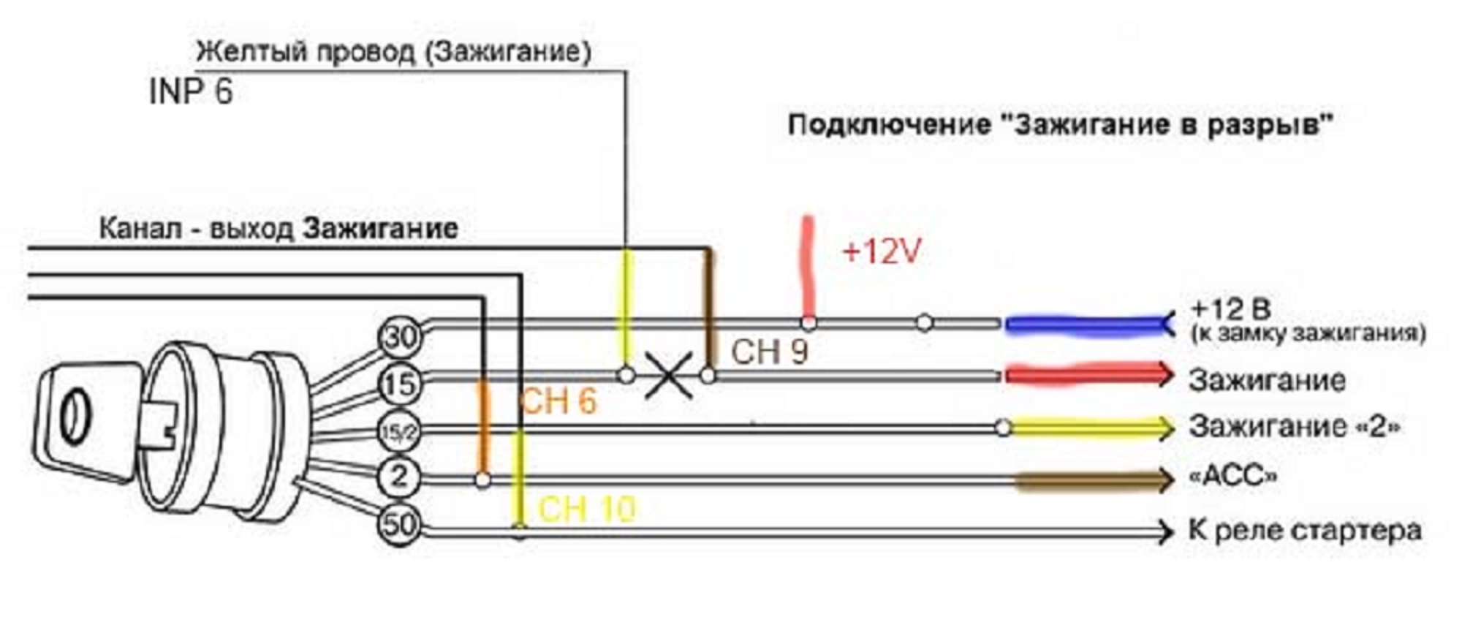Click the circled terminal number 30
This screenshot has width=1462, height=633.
point(400,337)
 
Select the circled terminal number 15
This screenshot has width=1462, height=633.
point(400,384)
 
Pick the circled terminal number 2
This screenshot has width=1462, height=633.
point(398,477)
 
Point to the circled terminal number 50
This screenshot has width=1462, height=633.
point(399,524)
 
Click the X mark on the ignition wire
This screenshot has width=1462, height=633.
point(668,376)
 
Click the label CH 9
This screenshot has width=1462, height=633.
point(769,352)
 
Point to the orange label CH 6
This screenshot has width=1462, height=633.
point(558,401)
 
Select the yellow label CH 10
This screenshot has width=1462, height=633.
point(587,509)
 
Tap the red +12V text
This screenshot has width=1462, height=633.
point(881,252)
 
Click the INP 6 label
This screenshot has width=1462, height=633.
point(190,92)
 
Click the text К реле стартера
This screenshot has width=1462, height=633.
point(1305,531)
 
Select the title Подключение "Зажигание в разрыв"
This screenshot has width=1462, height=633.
point(1060,125)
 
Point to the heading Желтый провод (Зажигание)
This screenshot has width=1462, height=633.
point(393,52)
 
